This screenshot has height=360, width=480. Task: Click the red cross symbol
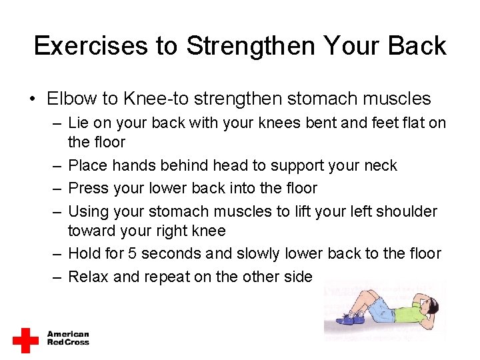25,340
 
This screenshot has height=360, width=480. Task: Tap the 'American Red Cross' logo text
67,339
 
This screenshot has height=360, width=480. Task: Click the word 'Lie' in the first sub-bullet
79,123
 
